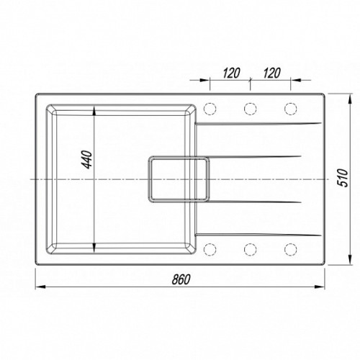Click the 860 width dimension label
[x=181, y=279]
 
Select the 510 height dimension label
[x=343, y=178]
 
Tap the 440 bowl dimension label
[x=87, y=160]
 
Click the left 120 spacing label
[x=231, y=73]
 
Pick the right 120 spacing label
[x=271, y=73]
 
